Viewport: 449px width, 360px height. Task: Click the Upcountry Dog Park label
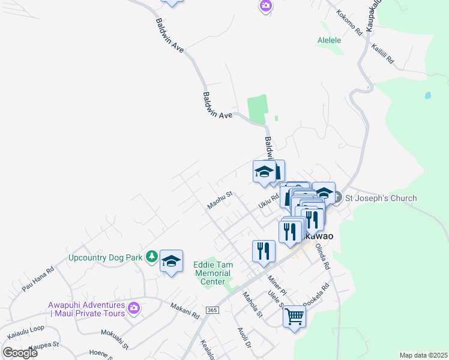(105, 257)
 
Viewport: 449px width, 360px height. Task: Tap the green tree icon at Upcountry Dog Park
(152, 257)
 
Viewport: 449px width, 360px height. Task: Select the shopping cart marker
(294, 316)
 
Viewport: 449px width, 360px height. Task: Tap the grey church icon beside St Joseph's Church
(337, 197)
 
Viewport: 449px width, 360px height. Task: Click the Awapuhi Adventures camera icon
(133, 308)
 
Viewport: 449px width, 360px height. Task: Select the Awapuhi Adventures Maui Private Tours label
(87, 308)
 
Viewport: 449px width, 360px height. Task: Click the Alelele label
(329, 41)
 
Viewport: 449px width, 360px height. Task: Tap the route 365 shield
(211, 310)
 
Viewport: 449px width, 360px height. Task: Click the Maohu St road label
(220, 200)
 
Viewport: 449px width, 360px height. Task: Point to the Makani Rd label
(184, 309)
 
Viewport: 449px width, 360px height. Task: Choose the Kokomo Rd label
(350, 22)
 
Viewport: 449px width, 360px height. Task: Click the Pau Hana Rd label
(38, 280)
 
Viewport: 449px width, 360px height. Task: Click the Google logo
(20, 352)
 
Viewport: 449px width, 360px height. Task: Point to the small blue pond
(427, 95)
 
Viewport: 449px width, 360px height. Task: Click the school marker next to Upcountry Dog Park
(171, 260)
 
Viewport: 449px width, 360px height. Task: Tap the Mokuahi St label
(115, 338)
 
